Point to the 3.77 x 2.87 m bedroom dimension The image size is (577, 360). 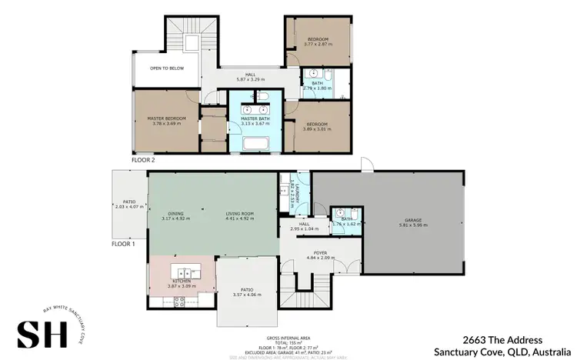point(318,44)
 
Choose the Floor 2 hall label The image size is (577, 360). point(250,75)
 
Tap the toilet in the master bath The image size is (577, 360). point(262,95)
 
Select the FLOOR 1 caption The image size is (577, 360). point(123,242)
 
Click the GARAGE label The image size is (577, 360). point(413,219)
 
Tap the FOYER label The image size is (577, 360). point(320,252)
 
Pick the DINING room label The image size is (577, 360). point(176,213)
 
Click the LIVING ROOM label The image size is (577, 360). point(239,213)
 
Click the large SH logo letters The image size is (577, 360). point(41,332)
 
